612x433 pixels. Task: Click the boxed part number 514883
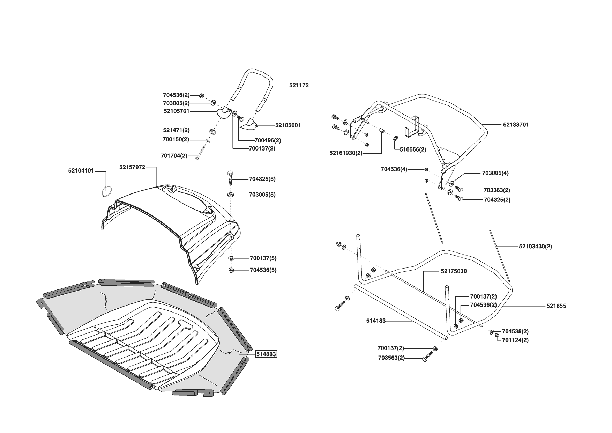click(x=266, y=354)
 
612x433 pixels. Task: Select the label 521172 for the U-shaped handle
click(x=299, y=85)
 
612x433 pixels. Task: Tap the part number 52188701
click(x=516, y=125)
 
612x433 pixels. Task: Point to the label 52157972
click(x=132, y=167)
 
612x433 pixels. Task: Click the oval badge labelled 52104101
click(x=106, y=191)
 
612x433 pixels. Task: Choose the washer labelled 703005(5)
click(x=231, y=194)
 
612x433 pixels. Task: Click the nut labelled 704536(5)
click(x=231, y=270)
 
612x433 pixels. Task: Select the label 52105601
click(x=288, y=125)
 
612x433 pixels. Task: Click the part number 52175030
click(x=454, y=271)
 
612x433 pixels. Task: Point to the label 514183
click(x=376, y=321)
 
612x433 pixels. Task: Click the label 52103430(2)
click(x=535, y=247)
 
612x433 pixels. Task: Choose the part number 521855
click(x=556, y=306)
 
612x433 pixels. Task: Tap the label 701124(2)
click(x=515, y=340)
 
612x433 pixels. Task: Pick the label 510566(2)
click(x=413, y=149)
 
